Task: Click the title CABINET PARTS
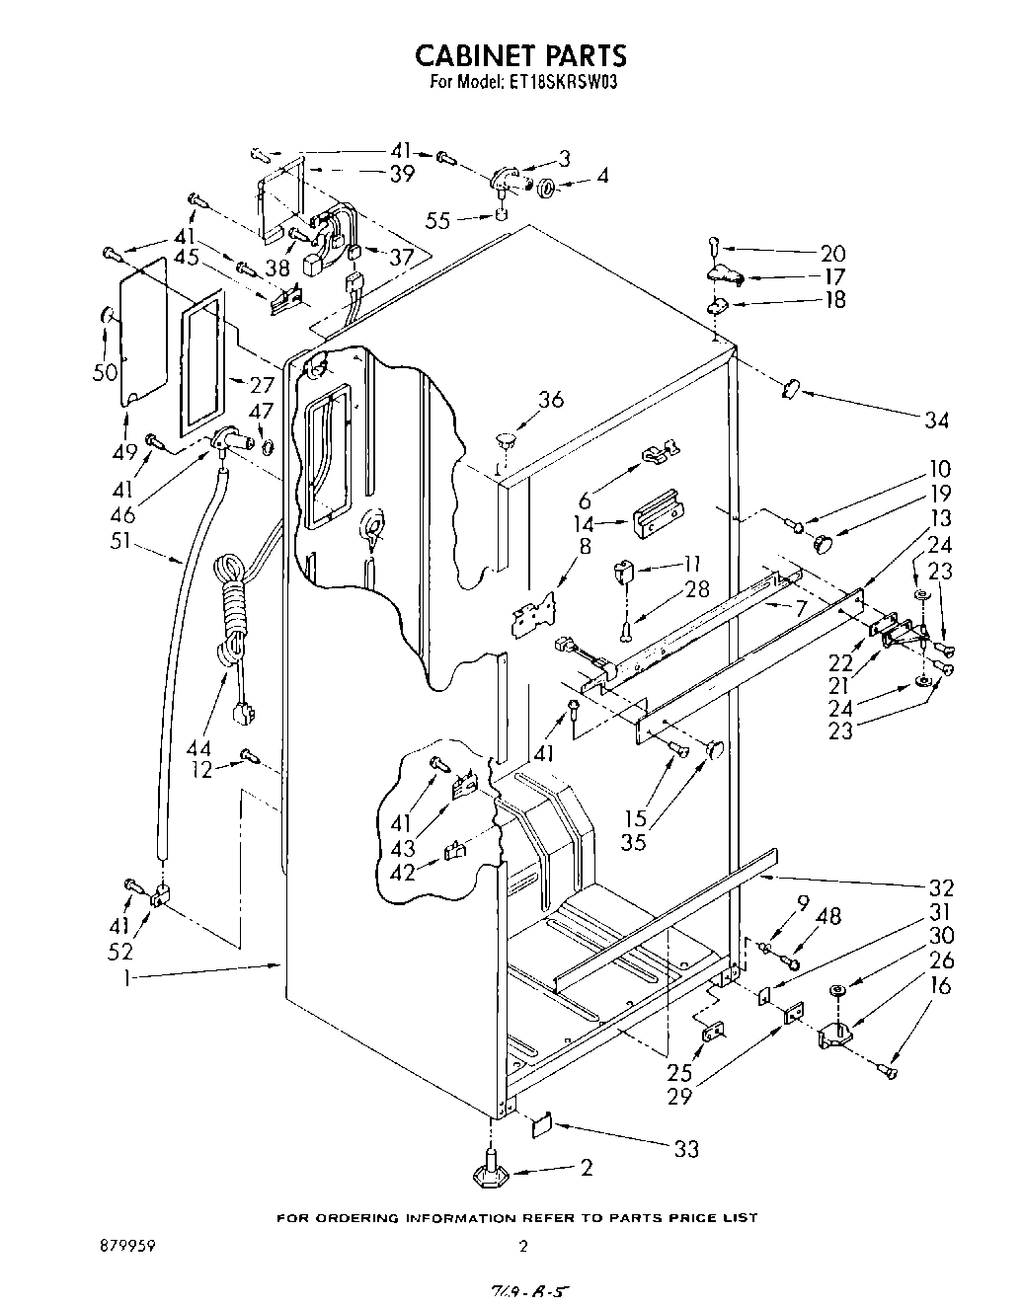point(519,54)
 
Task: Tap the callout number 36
point(551,400)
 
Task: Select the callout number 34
point(935,421)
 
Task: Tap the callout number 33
point(685,1148)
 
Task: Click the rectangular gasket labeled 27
point(201,365)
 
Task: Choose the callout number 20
point(832,253)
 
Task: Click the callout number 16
point(941,986)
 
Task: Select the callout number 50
point(104,372)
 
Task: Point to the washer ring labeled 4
point(549,189)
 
